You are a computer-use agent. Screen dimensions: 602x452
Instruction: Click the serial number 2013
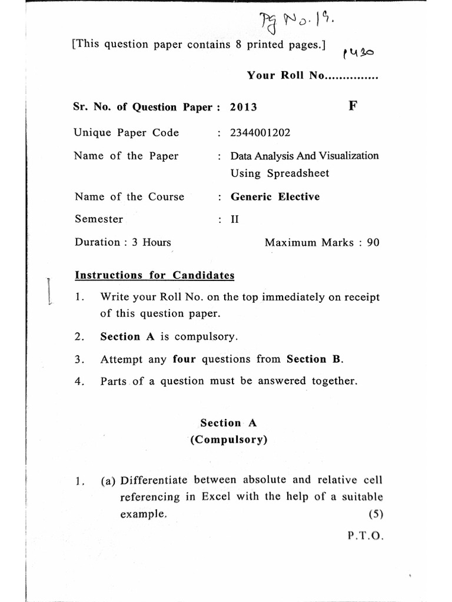pos(244,107)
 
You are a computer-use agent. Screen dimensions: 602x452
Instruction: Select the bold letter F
pos(353,106)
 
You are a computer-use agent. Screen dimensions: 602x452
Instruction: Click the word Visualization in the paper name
pos(349,156)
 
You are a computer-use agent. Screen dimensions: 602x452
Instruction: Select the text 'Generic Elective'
pos(275,197)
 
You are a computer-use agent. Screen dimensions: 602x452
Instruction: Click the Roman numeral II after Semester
pos(235,220)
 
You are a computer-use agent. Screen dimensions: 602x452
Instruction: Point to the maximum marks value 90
pos(373,242)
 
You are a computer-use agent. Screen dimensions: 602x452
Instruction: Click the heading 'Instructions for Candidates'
pos(155,275)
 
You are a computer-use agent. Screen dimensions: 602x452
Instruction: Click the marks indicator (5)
pos(375,514)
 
